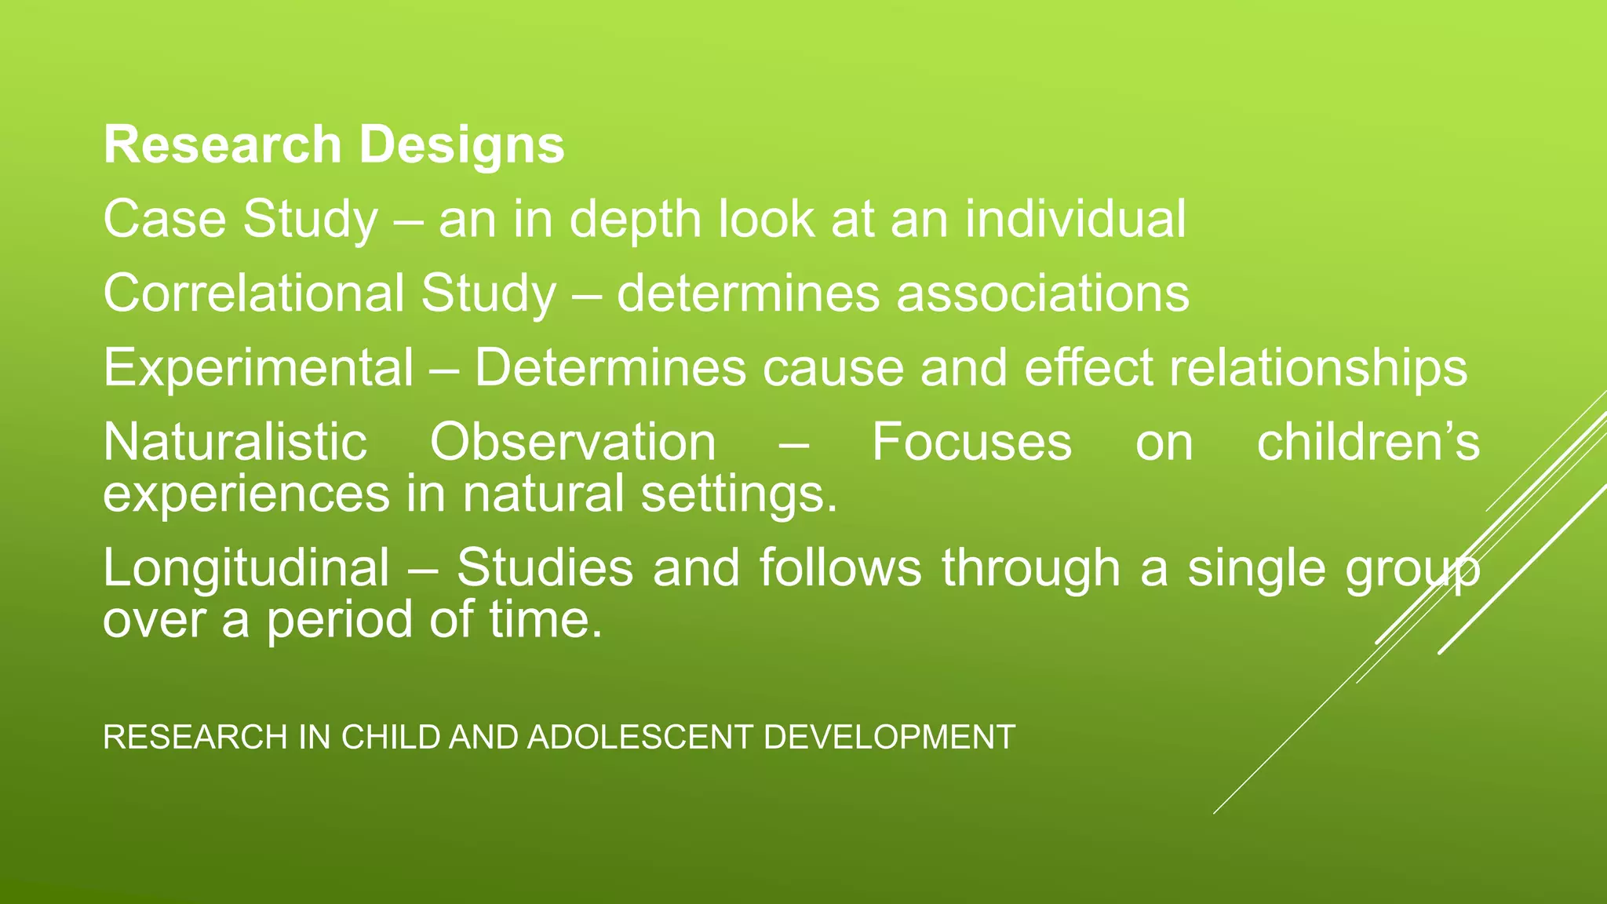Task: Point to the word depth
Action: point(635,220)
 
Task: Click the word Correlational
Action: point(253,293)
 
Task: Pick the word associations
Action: point(1043,293)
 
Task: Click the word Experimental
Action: point(258,368)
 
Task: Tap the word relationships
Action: point(1318,368)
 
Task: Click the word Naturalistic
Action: point(235,442)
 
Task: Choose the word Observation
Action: point(573,442)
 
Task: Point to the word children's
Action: point(1368,442)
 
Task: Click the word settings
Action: point(739,494)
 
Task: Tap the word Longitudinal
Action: point(246,568)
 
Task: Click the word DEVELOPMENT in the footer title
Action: point(889,738)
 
